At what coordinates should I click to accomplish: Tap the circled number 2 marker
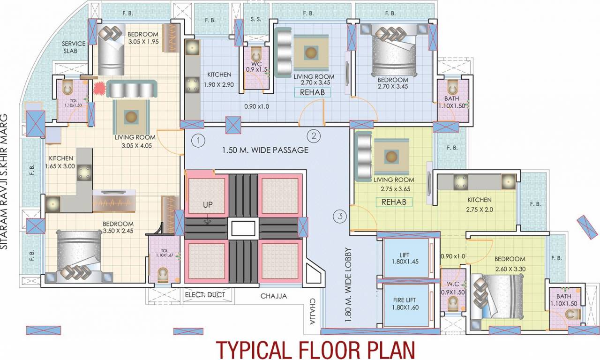(x=313, y=136)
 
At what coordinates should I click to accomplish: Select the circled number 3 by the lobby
(x=339, y=217)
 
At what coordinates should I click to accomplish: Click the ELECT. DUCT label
(x=205, y=295)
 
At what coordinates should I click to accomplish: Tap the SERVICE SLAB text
(x=74, y=47)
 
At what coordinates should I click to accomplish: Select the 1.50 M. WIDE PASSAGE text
(x=265, y=150)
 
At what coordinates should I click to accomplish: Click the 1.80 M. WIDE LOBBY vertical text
(x=348, y=285)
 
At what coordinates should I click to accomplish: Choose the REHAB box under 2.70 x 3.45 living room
(x=313, y=92)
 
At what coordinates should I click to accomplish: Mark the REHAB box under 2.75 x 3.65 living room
(x=394, y=202)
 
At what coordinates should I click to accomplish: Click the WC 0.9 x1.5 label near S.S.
(x=255, y=66)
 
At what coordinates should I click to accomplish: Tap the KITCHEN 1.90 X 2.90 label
(x=219, y=80)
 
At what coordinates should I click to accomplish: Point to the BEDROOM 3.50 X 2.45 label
(x=118, y=227)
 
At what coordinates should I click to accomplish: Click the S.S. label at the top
(x=255, y=20)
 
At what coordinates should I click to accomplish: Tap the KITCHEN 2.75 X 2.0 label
(x=479, y=204)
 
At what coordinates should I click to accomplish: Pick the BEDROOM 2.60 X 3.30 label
(x=510, y=264)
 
